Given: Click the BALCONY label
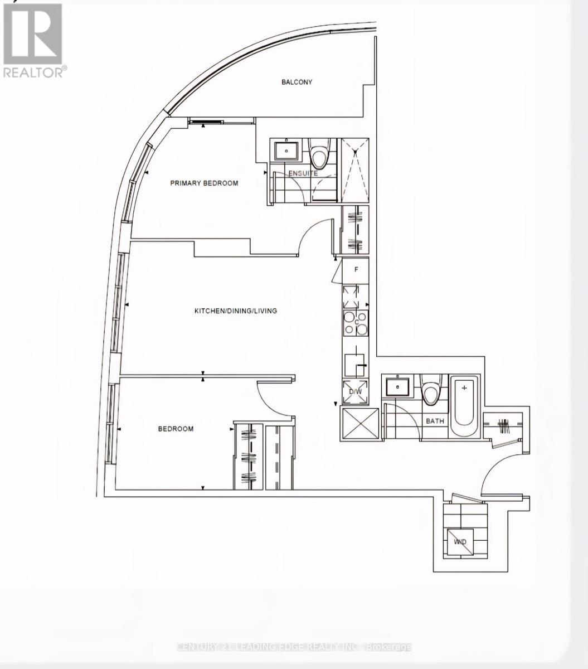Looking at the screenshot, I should [297, 82].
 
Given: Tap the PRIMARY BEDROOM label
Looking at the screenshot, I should [204, 183].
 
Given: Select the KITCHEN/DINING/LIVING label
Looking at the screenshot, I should [235, 311].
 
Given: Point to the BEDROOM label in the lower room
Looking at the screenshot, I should [176, 429].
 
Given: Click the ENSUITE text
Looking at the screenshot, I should [303, 173].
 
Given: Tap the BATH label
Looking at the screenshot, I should [435, 421].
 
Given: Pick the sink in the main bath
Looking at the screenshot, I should [397, 386].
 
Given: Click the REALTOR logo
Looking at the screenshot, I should [33, 40].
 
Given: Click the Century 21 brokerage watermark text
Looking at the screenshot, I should [294, 647].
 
